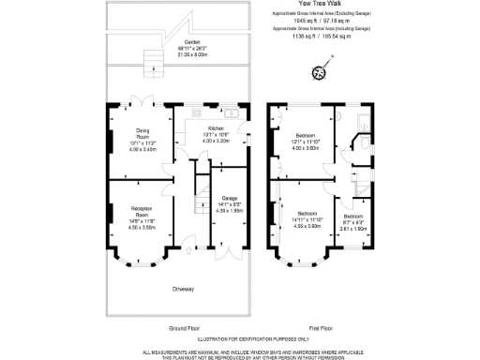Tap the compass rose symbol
319,71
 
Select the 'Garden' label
192,42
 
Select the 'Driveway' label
183,288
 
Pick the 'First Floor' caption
320,328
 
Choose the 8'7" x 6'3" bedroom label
351,219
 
